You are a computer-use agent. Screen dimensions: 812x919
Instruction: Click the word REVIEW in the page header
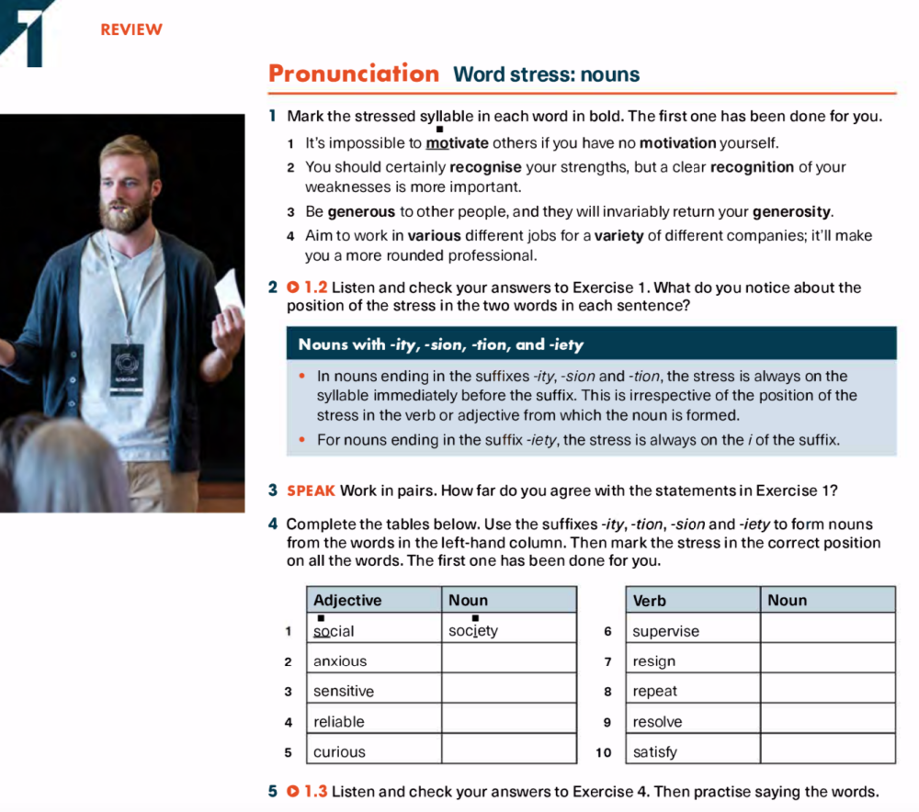pyautogui.click(x=131, y=29)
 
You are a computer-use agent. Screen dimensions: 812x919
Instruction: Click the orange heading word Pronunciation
pyautogui.click(x=354, y=73)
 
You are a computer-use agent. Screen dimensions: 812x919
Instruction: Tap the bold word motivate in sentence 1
pyautogui.click(x=457, y=143)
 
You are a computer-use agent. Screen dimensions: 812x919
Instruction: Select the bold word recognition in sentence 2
pyautogui.click(x=752, y=167)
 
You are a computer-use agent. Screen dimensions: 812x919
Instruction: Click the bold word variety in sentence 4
pyautogui.click(x=618, y=235)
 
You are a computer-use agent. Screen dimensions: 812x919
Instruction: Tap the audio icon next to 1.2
pyautogui.click(x=292, y=288)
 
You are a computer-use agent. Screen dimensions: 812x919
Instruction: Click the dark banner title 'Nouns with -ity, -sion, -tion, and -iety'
pyautogui.click(x=440, y=344)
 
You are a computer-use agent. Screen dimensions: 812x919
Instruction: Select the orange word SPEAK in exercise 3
pyautogui.click(x=312, y=491)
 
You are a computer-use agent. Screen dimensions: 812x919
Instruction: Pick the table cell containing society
pyautogui.click(x=508, y=630)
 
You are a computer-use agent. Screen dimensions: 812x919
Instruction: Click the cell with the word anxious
pyautogui.click(x=373, y=660)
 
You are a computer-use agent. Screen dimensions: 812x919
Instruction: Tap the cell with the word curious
pyautogui.click(x=373, y=751)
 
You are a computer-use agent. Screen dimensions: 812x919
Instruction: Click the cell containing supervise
pyautogui.click(x=692, y=631)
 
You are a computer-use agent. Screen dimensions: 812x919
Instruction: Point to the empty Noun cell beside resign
pyautogui.click(x=827, y=660)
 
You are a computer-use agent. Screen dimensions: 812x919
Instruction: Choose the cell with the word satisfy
pyautogui.click(x=692, y=751)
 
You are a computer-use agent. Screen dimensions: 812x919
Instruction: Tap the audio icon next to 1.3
pyautogui.click(x=292, y=792)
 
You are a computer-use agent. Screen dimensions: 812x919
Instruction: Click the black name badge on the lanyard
pyautogui.click(x=127, y=369)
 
